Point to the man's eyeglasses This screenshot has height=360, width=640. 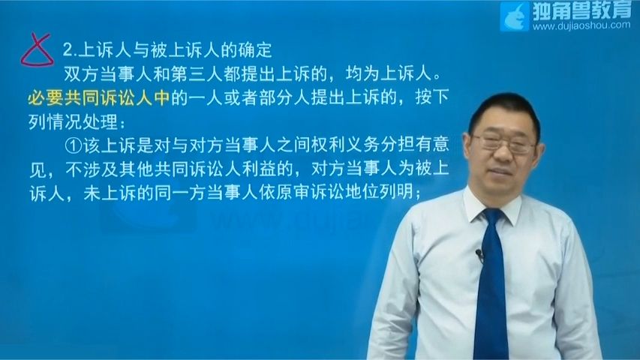(x=504, y=143)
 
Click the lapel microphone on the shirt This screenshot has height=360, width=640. (x=479, y=255)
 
